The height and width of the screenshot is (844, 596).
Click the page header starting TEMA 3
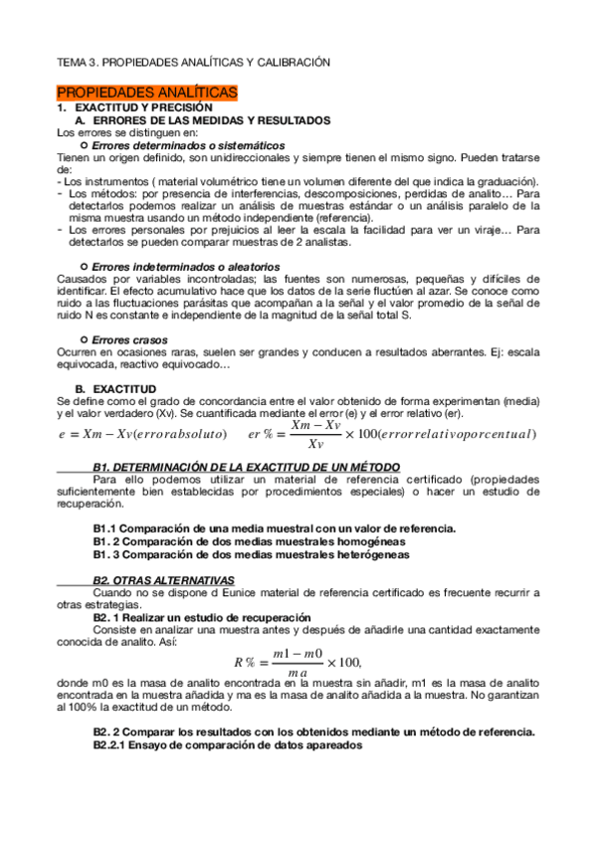[x=192, y=62]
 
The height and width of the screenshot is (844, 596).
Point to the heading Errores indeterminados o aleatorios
[x=185, y=267]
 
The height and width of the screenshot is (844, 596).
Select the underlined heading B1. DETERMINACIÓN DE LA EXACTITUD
[x=247, y=466]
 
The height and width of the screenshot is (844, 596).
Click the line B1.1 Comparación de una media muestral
[x=275, y=527]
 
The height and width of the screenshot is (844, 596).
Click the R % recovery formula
[x=298, y=662]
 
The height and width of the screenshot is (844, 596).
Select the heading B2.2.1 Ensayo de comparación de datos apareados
[x=228, y=745]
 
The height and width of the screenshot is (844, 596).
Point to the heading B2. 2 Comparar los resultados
[x=314, y=732]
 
